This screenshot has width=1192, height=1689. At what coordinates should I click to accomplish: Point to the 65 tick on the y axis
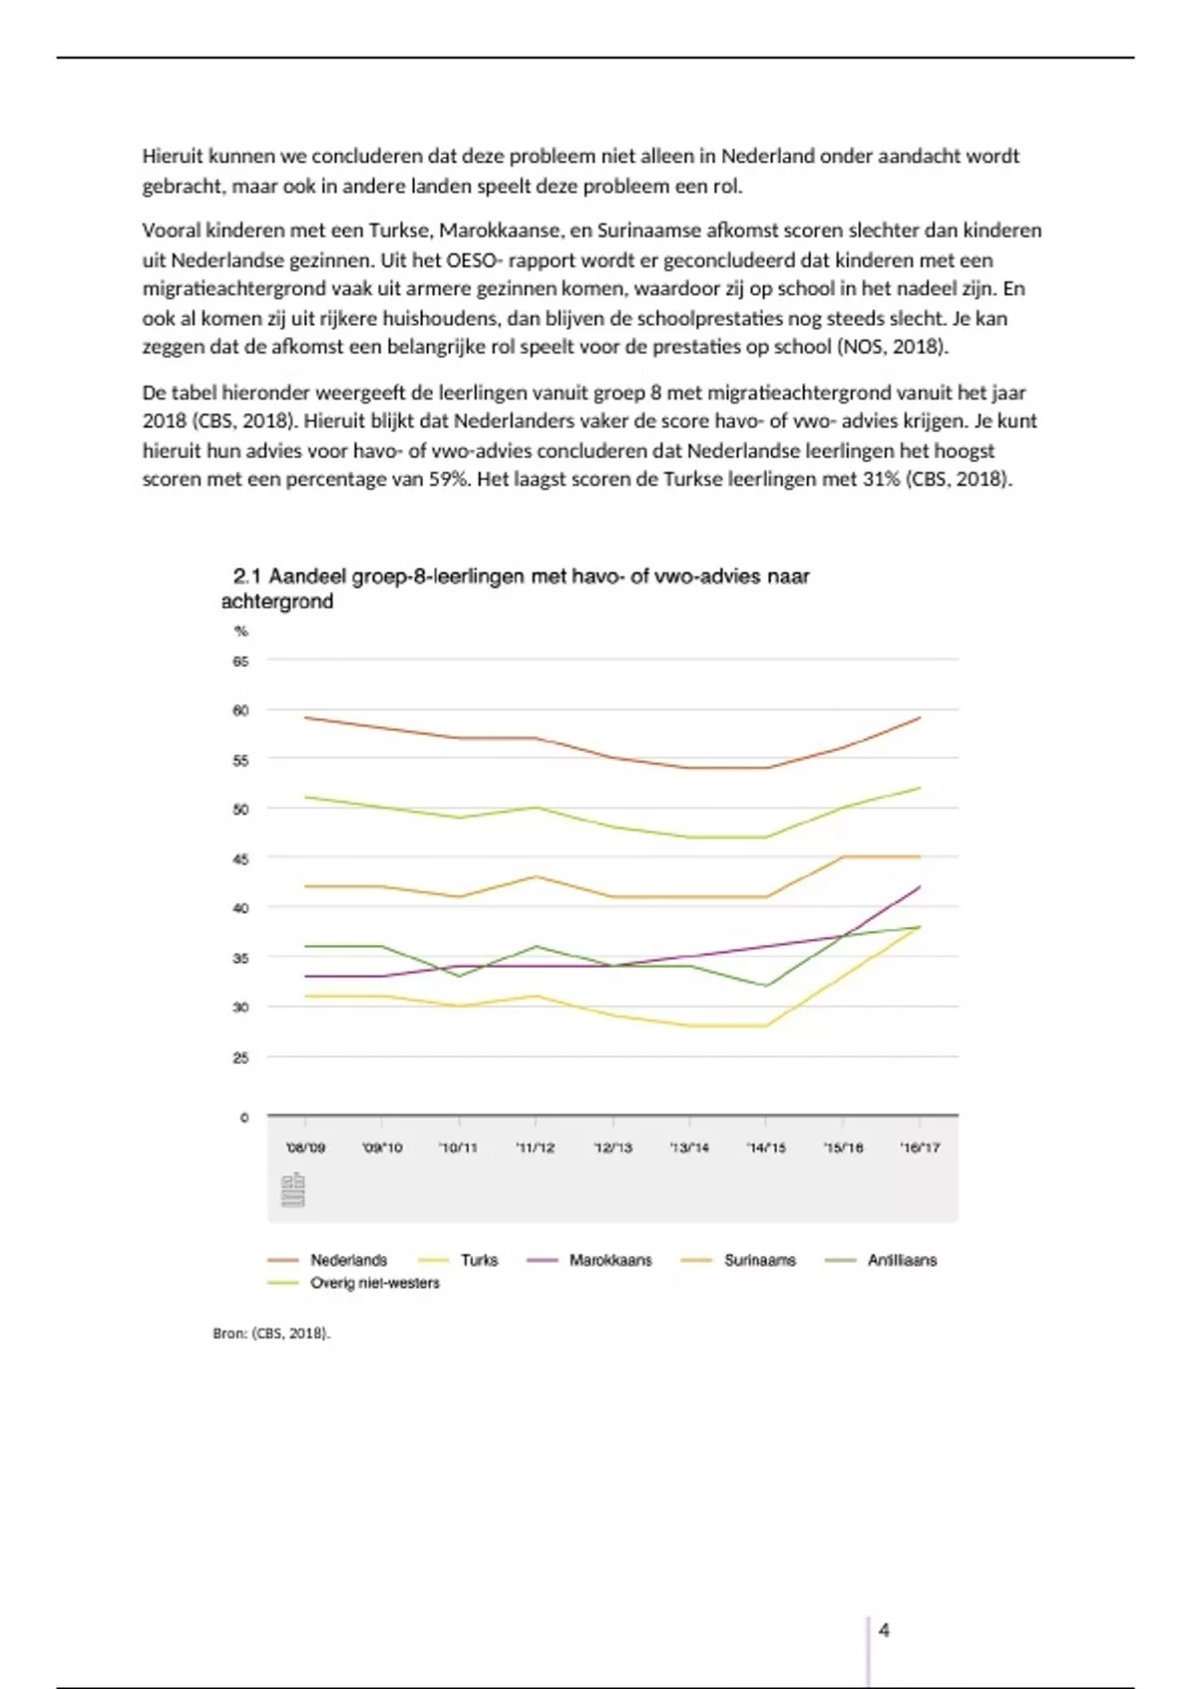coord(240,661)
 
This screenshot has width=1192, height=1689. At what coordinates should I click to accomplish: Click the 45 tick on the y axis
coord(240,858)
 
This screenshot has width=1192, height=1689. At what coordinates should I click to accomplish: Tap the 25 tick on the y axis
coord(240,1057)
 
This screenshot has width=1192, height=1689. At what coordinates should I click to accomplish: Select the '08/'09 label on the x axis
coord(306,1148)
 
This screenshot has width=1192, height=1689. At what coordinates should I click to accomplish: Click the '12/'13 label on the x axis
coord(613,1148)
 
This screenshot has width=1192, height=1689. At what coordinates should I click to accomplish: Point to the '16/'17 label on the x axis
coord(920,1148)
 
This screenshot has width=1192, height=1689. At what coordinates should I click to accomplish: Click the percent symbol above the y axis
coord(240,631)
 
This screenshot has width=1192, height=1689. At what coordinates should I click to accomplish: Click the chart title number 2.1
coord(246,576)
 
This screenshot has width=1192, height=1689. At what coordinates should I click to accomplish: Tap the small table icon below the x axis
coord(293,1190)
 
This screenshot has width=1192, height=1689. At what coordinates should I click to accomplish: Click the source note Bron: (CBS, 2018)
coord(271,1333)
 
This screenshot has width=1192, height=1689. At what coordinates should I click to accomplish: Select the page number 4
coord(884,1629)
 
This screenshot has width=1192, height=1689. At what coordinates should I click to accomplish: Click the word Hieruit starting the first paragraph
coord(173,156)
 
